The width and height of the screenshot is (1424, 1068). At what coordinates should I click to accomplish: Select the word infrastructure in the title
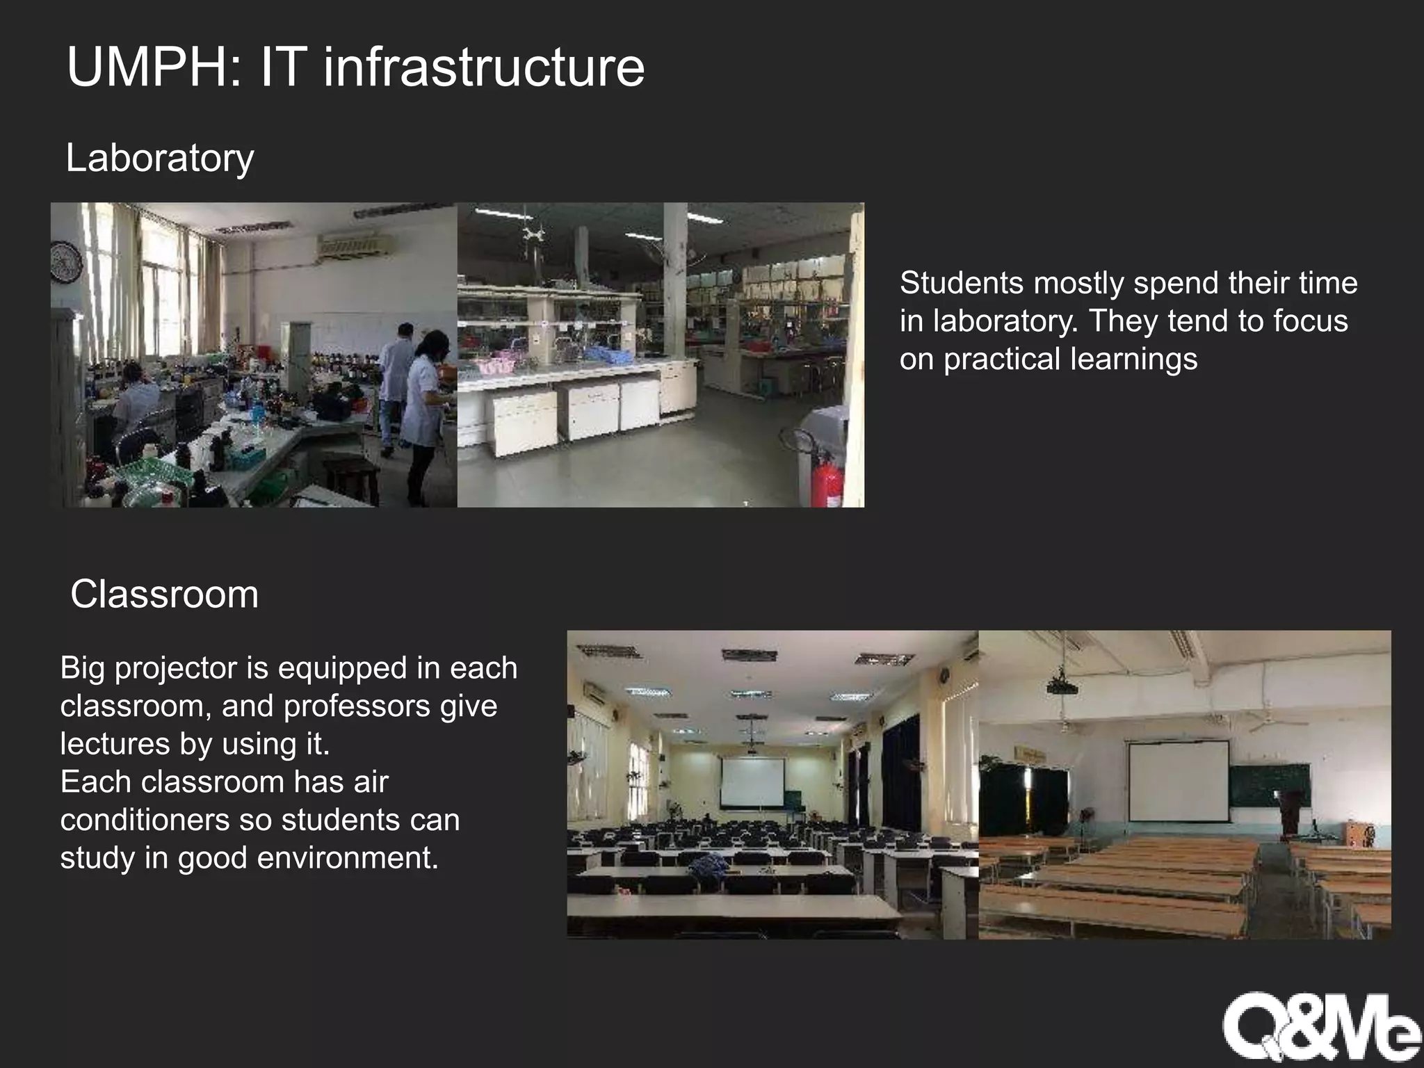pos(484,67)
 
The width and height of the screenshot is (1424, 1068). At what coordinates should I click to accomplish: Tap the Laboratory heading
pos(160,159)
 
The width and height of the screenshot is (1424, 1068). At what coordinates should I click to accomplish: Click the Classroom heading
pos(165,594)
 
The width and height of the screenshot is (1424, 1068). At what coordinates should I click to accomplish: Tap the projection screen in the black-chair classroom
pos(753,782)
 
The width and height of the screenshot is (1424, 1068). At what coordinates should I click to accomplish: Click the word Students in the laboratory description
pos(962,284)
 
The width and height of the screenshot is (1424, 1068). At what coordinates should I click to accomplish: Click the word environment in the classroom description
pos(348,858)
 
